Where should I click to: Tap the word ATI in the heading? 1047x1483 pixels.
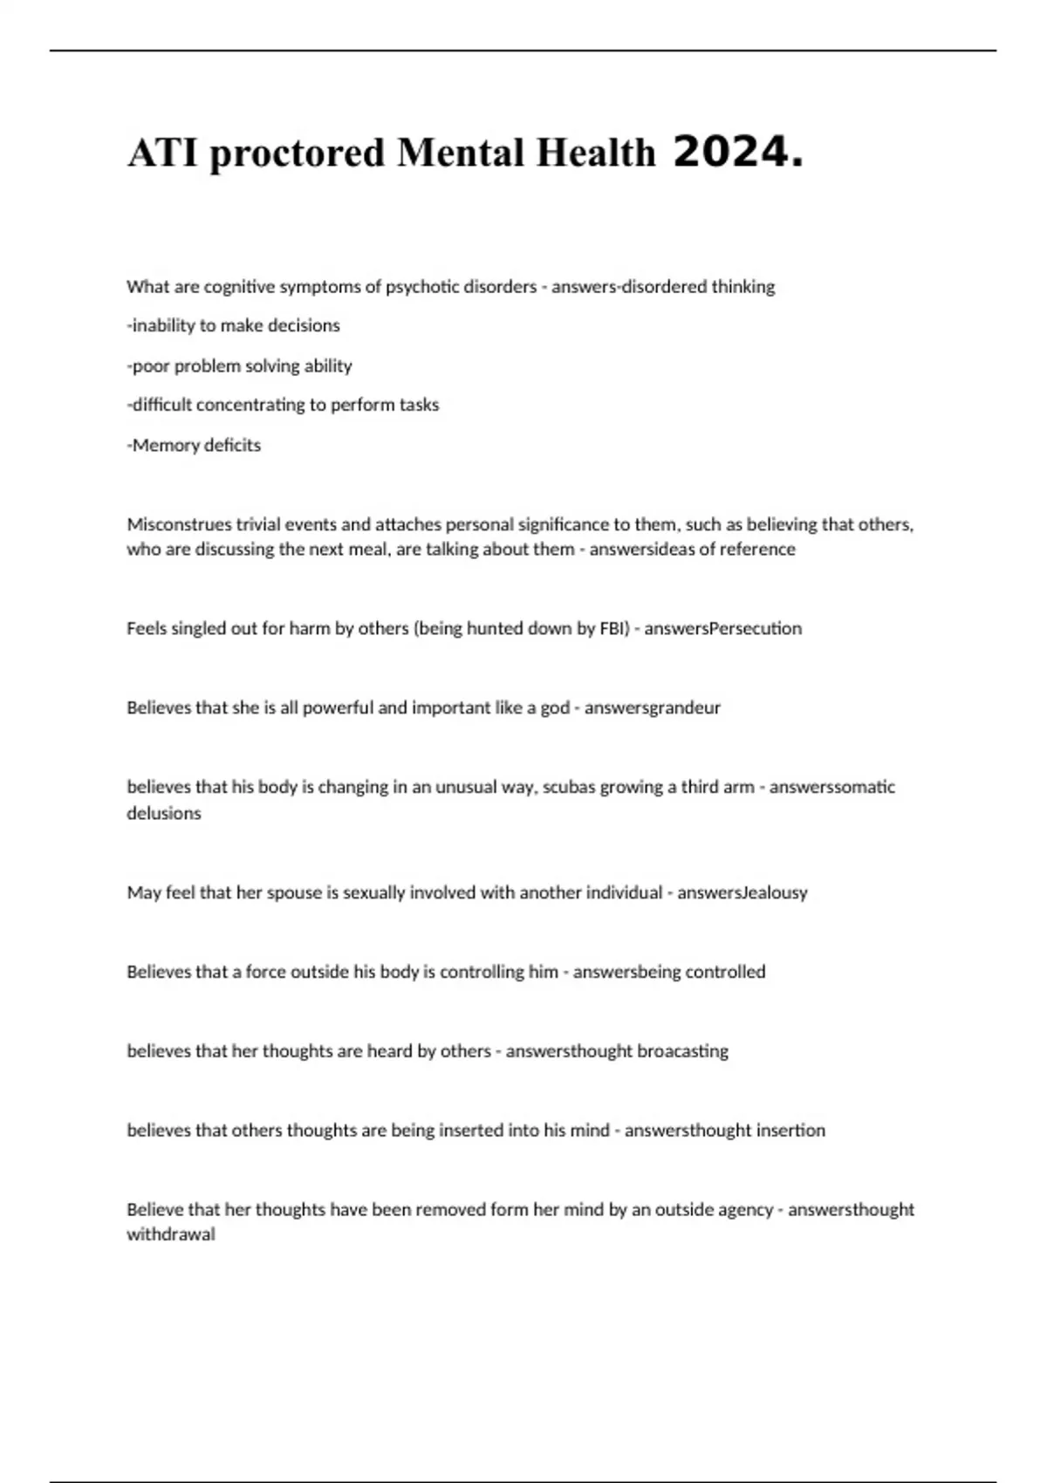162,154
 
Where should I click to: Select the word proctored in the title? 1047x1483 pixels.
297,154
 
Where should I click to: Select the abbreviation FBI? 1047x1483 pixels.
613,628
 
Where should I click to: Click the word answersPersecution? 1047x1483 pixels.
722,628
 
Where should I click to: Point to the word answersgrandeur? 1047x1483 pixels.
652,707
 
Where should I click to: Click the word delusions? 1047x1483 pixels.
164,813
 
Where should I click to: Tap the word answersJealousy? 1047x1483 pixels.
742,892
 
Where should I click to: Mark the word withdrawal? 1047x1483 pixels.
171,1234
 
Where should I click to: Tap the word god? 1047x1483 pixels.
555,707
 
